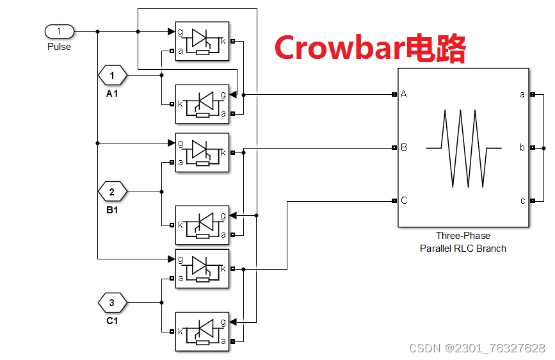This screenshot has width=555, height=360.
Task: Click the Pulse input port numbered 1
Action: click(x=60, y=31)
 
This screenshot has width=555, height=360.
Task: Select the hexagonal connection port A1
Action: click(x=112, y=76)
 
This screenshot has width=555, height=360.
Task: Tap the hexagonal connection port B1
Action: click(x=112, y=191)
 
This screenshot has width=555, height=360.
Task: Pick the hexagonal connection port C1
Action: click(x=112, y=301)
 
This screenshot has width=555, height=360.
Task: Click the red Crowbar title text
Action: click(x=369, y=47)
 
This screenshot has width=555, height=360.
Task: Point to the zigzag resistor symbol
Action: click(x=464, y=148)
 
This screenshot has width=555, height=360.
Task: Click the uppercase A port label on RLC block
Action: click(x=404, y=94)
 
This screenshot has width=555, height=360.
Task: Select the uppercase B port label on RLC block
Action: click(x=404, y=147)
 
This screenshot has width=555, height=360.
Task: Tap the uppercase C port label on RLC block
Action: click(x=404, y=200)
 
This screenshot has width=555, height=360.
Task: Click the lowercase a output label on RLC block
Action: click(x=522, y=94)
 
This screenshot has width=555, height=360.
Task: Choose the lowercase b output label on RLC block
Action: click(x=522, y=147)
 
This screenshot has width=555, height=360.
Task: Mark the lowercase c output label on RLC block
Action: click(x=522, y=200)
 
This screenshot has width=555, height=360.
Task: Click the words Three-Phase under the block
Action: click(x=463, y=236)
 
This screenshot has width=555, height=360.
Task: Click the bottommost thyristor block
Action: click(x=202, y=331)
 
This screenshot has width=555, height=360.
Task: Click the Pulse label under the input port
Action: click(x=60, y=47)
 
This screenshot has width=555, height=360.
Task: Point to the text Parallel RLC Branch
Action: click(x=463, y=248)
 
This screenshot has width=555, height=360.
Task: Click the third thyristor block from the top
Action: click(x=202, y=152)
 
